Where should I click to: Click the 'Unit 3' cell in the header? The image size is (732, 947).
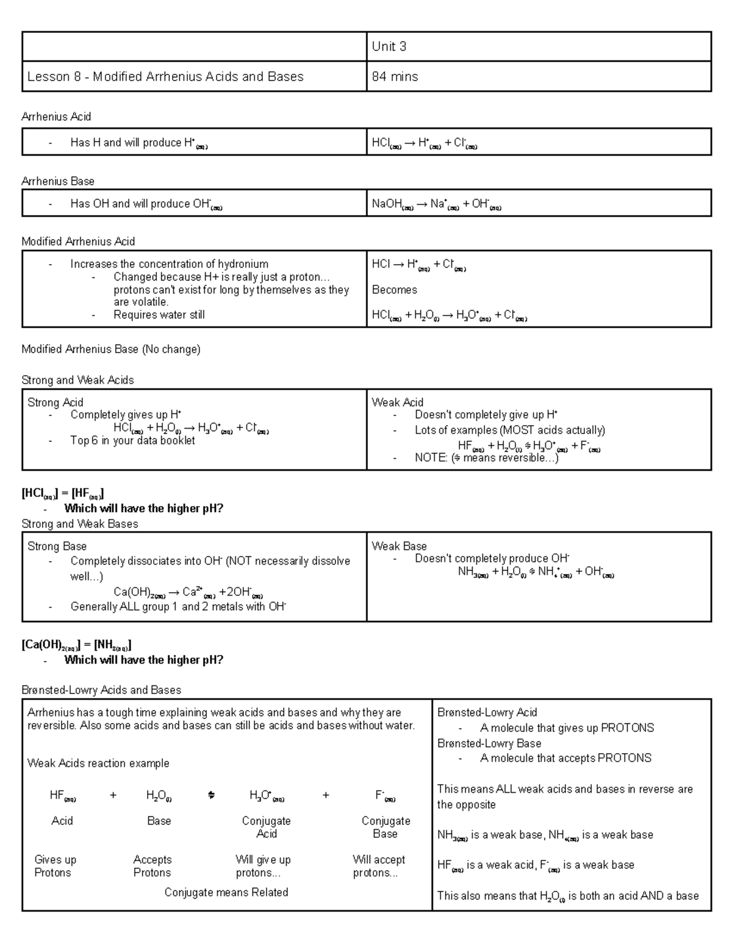[x=389, y=47]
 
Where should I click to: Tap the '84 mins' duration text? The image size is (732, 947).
[x=395, y=77]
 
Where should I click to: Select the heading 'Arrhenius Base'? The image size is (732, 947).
[x=58, y=181]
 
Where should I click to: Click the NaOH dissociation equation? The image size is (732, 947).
[x=436, y=205]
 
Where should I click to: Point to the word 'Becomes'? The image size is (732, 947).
[x=395, y=290]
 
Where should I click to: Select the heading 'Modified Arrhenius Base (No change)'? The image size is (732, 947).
[x=110, y=349]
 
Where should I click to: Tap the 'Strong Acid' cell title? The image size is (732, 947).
[x=56, y=402]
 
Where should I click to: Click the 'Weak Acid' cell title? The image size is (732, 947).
[x=397, y=402]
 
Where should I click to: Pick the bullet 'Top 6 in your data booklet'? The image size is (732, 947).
[x=132, y=440]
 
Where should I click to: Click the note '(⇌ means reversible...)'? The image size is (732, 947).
[x=486, y=458]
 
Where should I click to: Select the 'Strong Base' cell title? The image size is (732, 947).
[x=57, y=546]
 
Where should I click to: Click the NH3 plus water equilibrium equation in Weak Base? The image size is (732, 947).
[x=536, y=572]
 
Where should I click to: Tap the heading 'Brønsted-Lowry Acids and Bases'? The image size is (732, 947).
[x=101, y=690]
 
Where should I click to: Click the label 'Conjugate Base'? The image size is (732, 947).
[x=386, y=827]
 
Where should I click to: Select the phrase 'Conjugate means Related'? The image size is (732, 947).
[x=226, y=893]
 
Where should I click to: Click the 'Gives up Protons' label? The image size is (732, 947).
[x=55, y=866]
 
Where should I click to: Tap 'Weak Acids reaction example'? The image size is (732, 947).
[x=98, y=763]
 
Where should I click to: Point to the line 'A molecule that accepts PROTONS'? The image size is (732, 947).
[x=565, y=758]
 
